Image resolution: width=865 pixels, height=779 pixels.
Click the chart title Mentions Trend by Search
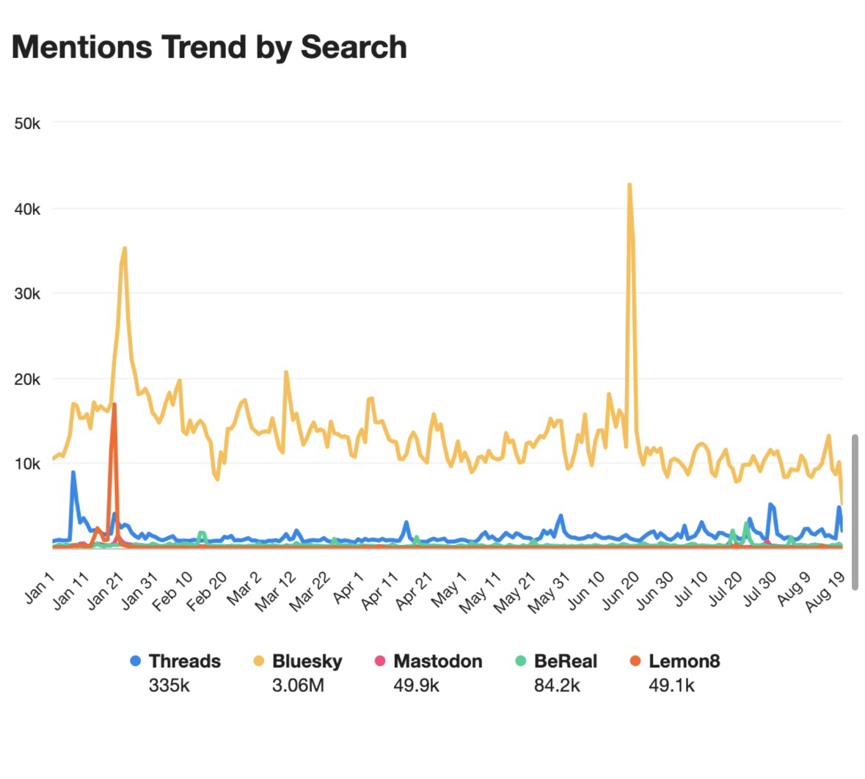[209, 47]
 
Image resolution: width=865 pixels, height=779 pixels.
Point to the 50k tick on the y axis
[27, 123]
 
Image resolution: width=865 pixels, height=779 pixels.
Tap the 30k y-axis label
[27, 293]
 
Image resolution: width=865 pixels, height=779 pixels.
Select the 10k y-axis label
[27, 464]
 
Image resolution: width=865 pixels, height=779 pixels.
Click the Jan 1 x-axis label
[40, 588]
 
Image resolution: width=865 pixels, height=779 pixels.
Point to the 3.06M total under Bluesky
[298, 686]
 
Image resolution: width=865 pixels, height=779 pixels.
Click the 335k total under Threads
[169, 686]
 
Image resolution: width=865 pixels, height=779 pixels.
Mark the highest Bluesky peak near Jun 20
[629, 185]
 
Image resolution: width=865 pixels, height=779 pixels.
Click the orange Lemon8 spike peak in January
[114, 404]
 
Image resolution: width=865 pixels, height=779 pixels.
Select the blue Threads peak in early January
[73, 472]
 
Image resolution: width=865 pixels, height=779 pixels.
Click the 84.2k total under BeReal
[557, 686]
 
